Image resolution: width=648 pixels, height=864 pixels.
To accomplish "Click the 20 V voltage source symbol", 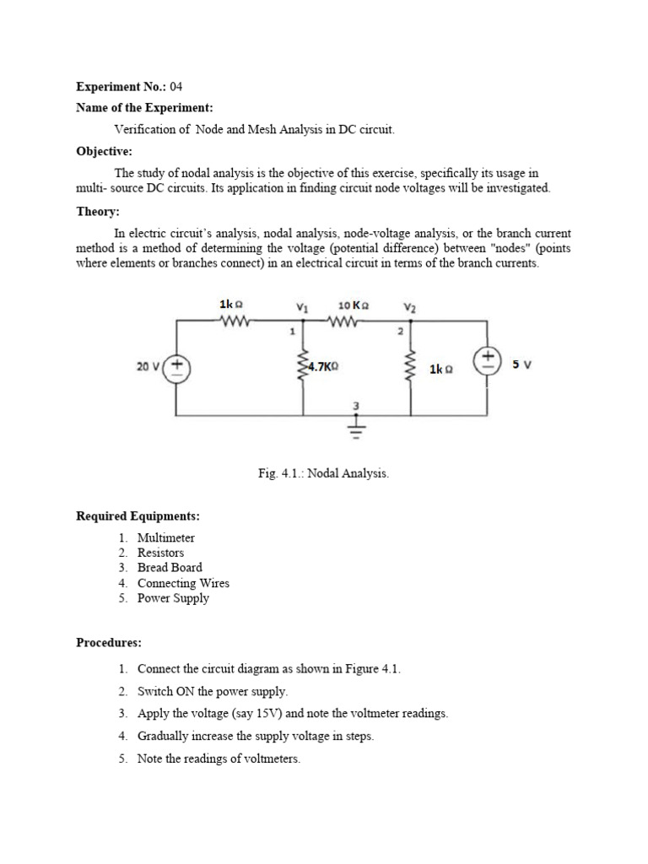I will [177, 367].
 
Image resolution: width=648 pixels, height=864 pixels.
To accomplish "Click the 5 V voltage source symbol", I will [489, 363].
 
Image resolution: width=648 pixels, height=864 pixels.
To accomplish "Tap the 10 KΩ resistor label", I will [353, 305].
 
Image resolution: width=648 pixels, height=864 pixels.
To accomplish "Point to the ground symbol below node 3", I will [356, 430].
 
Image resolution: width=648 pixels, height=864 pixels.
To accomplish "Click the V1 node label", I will [302, 306].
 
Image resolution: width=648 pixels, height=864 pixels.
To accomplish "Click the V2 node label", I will [409, 308].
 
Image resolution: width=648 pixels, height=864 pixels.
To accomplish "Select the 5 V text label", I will [521, 364].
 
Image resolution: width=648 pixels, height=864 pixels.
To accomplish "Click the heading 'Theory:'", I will [98, 212].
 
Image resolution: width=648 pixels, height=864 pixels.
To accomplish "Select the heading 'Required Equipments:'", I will [138, 516].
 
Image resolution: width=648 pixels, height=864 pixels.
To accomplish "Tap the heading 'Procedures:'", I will [109, 642].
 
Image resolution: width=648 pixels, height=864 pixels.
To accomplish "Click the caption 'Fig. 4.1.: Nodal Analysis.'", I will [324, 474].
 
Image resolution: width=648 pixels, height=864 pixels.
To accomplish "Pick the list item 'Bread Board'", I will [170, 568].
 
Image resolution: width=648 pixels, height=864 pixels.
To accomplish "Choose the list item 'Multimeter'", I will [166, 537].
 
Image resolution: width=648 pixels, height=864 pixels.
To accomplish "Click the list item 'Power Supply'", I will [173, 598].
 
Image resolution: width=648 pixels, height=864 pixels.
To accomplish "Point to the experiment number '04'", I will [175, 86].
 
